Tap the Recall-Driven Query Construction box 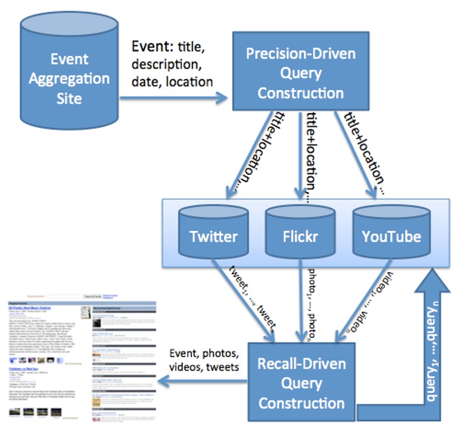(301, 384)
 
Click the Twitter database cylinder (213, 233)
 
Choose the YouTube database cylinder (391, 233)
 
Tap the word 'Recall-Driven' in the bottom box (301, 363)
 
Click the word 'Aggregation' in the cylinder (71, 78)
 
